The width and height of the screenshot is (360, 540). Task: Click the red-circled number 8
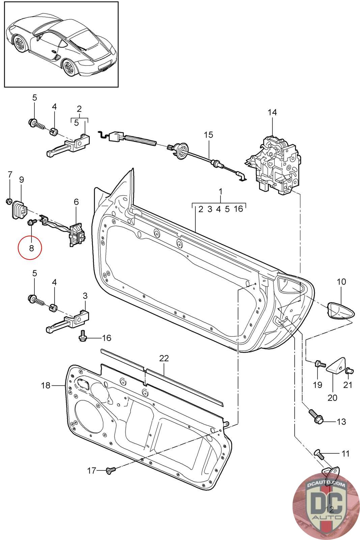(31, 248)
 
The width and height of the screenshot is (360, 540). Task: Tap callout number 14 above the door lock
(272, 112)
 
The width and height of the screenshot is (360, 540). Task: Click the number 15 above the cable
(209, 135)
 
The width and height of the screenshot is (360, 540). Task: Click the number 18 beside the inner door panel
(46, 385)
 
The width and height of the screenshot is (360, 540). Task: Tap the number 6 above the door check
(76, 202)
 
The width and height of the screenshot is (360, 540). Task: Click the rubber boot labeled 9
(19, 210)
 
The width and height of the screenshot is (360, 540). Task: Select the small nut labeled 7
(9, 200)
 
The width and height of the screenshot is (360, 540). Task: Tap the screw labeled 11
(319, 454)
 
